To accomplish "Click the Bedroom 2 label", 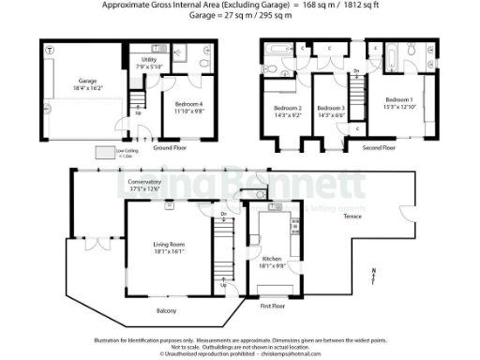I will tap(286, 112).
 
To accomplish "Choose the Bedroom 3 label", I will tap(330, 112).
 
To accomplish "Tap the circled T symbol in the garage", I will tap(49, 49).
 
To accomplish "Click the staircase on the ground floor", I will tap(138, 97).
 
